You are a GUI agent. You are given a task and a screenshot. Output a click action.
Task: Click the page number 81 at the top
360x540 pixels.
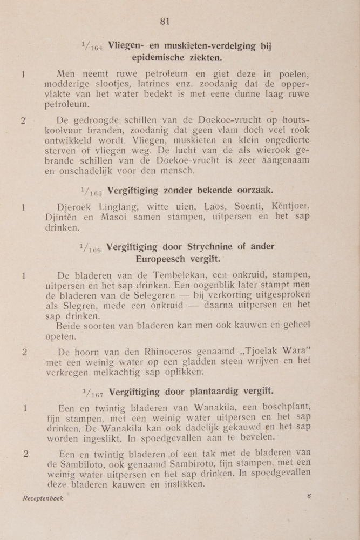tap(165, 21)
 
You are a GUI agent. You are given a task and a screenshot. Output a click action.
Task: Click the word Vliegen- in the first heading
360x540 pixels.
tap(128, 46)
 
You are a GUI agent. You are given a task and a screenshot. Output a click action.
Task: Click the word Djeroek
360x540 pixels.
tap(75, 206)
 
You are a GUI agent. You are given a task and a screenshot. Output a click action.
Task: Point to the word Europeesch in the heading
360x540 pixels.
tap(162, 259)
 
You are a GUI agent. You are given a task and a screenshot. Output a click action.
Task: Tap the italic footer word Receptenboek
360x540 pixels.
tap(43, 498)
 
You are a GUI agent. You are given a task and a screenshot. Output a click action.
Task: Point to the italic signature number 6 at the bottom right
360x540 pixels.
tap(309, 496)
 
